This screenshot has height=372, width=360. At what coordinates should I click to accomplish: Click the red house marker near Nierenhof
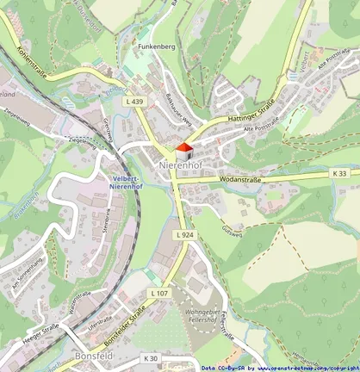pyautogui.click(x=180, y=149)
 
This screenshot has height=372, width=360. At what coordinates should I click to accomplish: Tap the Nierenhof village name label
pyautogui.click(x=180, y=163)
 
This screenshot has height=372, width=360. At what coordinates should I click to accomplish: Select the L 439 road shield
pyautogui.click(x=133, y=102)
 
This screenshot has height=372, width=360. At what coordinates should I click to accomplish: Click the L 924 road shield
pyautogui.click(x=184, y=234)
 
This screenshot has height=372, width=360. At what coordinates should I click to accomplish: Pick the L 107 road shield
pyautogui.click(x=159, y=294)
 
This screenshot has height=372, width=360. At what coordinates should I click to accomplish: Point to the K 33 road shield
pyautogui.click(x=340, y=173)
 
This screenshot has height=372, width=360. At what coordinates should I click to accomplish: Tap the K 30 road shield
pyautogui.click(x=151, y=357)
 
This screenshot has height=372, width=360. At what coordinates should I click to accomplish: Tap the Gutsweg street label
pyautogui.click(x=230, y=229)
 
